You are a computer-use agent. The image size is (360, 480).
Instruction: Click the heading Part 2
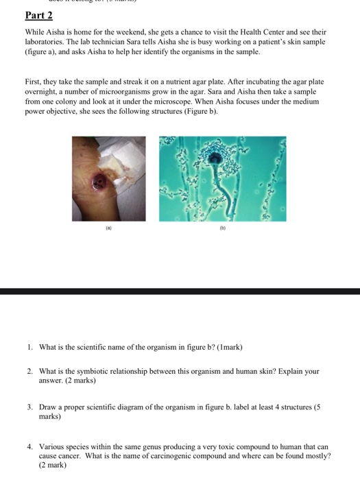(x=38, y=16)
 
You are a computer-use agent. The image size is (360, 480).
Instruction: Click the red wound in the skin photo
(x=100, y=182)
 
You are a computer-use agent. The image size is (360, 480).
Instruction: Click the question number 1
(x=30, y=347)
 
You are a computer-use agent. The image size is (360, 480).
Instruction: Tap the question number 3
(x=30, y=407)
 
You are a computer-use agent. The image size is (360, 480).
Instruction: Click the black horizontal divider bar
(x=180, y=291)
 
